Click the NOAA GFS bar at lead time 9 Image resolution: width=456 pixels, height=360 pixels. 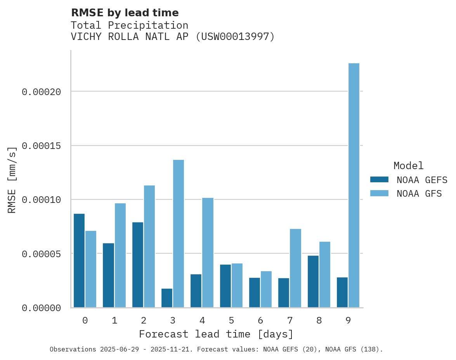354,185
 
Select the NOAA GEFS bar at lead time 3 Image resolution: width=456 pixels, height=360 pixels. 167,298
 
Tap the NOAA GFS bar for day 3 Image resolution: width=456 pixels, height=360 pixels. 179,234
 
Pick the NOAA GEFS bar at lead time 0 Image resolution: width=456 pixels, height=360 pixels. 79,261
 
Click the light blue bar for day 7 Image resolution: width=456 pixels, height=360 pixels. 295,268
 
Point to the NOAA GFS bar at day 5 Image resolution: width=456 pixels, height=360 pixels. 237,286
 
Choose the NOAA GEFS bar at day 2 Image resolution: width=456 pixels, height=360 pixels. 138,265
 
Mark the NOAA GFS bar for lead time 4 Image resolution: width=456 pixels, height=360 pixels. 208,253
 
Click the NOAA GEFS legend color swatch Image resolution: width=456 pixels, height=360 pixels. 379,179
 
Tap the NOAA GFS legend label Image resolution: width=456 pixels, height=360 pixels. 419,193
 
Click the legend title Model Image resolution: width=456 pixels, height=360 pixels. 408,166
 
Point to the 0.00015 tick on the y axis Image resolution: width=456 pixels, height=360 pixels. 41,146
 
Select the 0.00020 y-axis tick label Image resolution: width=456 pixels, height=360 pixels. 41,92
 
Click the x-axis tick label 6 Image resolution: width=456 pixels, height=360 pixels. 260,320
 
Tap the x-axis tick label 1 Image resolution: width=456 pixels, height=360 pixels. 114,320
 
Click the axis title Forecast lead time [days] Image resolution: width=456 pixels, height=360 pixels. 216,334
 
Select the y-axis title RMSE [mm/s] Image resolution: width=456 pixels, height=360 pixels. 12,180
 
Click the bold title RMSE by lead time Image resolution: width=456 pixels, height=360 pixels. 125,13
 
